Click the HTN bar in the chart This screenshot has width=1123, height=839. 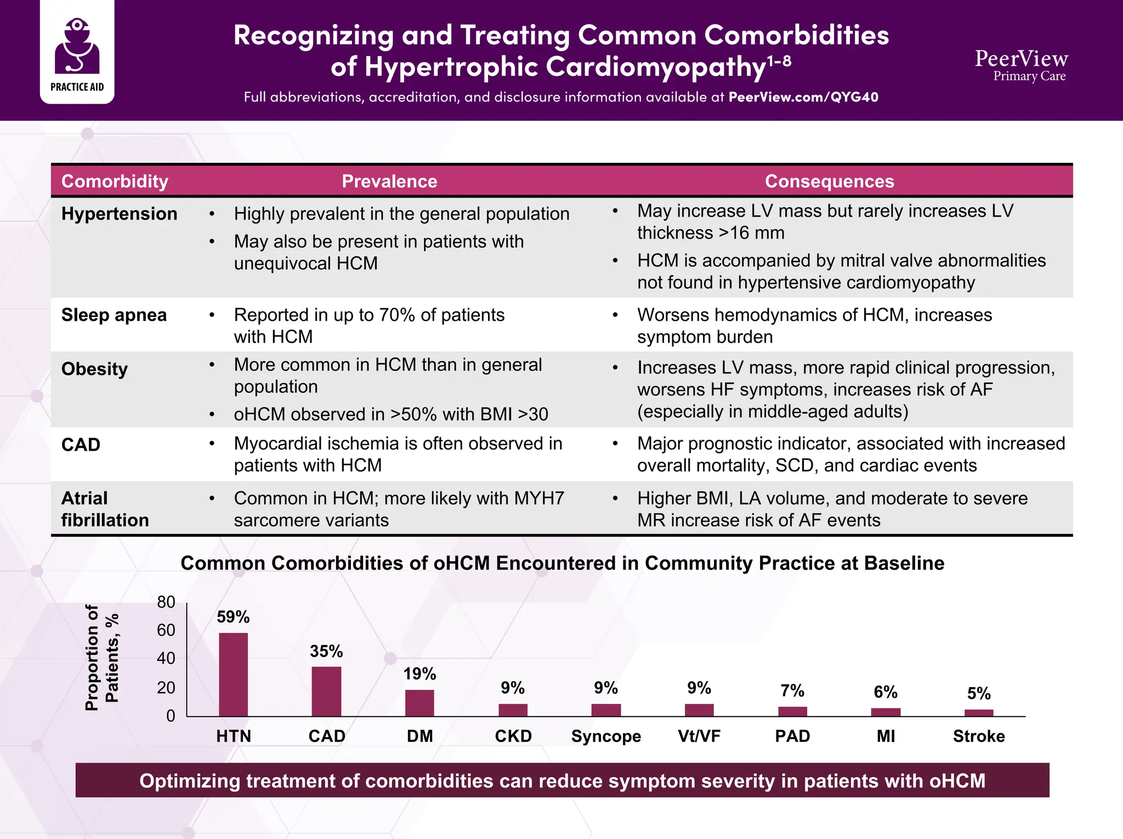(233, 674)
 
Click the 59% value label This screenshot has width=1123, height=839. (233, 617)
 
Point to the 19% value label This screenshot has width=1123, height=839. (419, 673)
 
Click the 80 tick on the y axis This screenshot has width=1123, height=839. (166, 602)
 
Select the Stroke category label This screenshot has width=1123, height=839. (979, 736)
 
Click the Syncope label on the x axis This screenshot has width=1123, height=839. (606, 736)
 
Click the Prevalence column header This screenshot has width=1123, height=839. (389, 182)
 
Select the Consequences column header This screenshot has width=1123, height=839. (829, 182)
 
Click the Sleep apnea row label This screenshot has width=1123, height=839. (114, 315)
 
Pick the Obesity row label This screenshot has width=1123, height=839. (94, 369)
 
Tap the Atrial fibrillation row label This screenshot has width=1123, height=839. (105, 509)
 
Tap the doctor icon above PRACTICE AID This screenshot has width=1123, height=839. (77, 47)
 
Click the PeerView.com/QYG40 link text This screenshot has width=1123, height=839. (803, 97)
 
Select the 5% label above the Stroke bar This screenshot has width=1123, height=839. (979, 694)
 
